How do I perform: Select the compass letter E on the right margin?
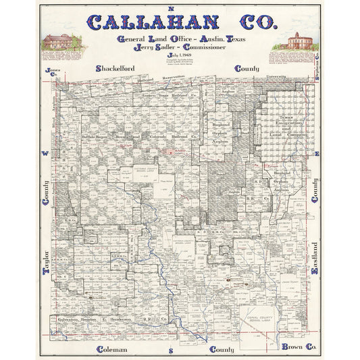pyautogui.click(x=315, y=155)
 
